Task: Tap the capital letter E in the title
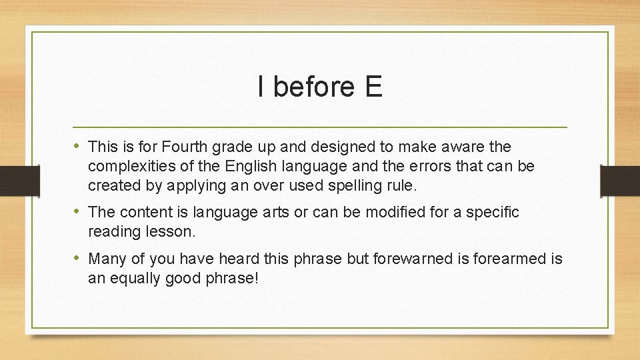[373, 87]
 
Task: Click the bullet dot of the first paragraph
[79, 145]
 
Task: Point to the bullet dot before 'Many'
[79, 258]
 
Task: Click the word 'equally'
[139, 279]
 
